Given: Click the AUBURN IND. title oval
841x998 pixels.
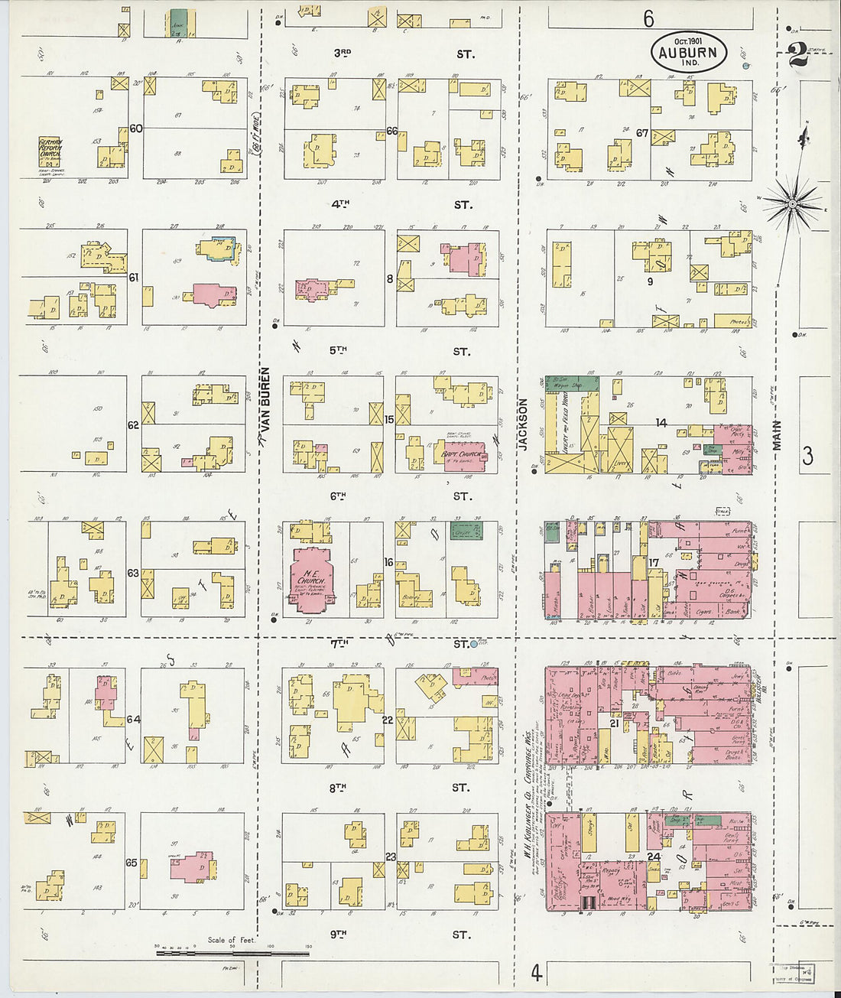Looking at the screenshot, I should (688, 51).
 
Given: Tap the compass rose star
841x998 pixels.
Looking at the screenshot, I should (793, 203).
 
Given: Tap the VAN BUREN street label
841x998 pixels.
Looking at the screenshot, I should (265, 405).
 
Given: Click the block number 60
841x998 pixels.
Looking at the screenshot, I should (135, 128).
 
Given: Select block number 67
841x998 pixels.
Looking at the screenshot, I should (642, 132).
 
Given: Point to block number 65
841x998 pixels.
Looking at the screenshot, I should (132, 863).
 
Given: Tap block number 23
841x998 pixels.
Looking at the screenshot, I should (390, 857).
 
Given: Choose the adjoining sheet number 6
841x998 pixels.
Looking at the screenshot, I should (648, 17).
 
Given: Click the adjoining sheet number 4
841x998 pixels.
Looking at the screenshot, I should (537, 973).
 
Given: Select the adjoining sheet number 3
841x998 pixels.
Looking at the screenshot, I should (807, 457).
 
